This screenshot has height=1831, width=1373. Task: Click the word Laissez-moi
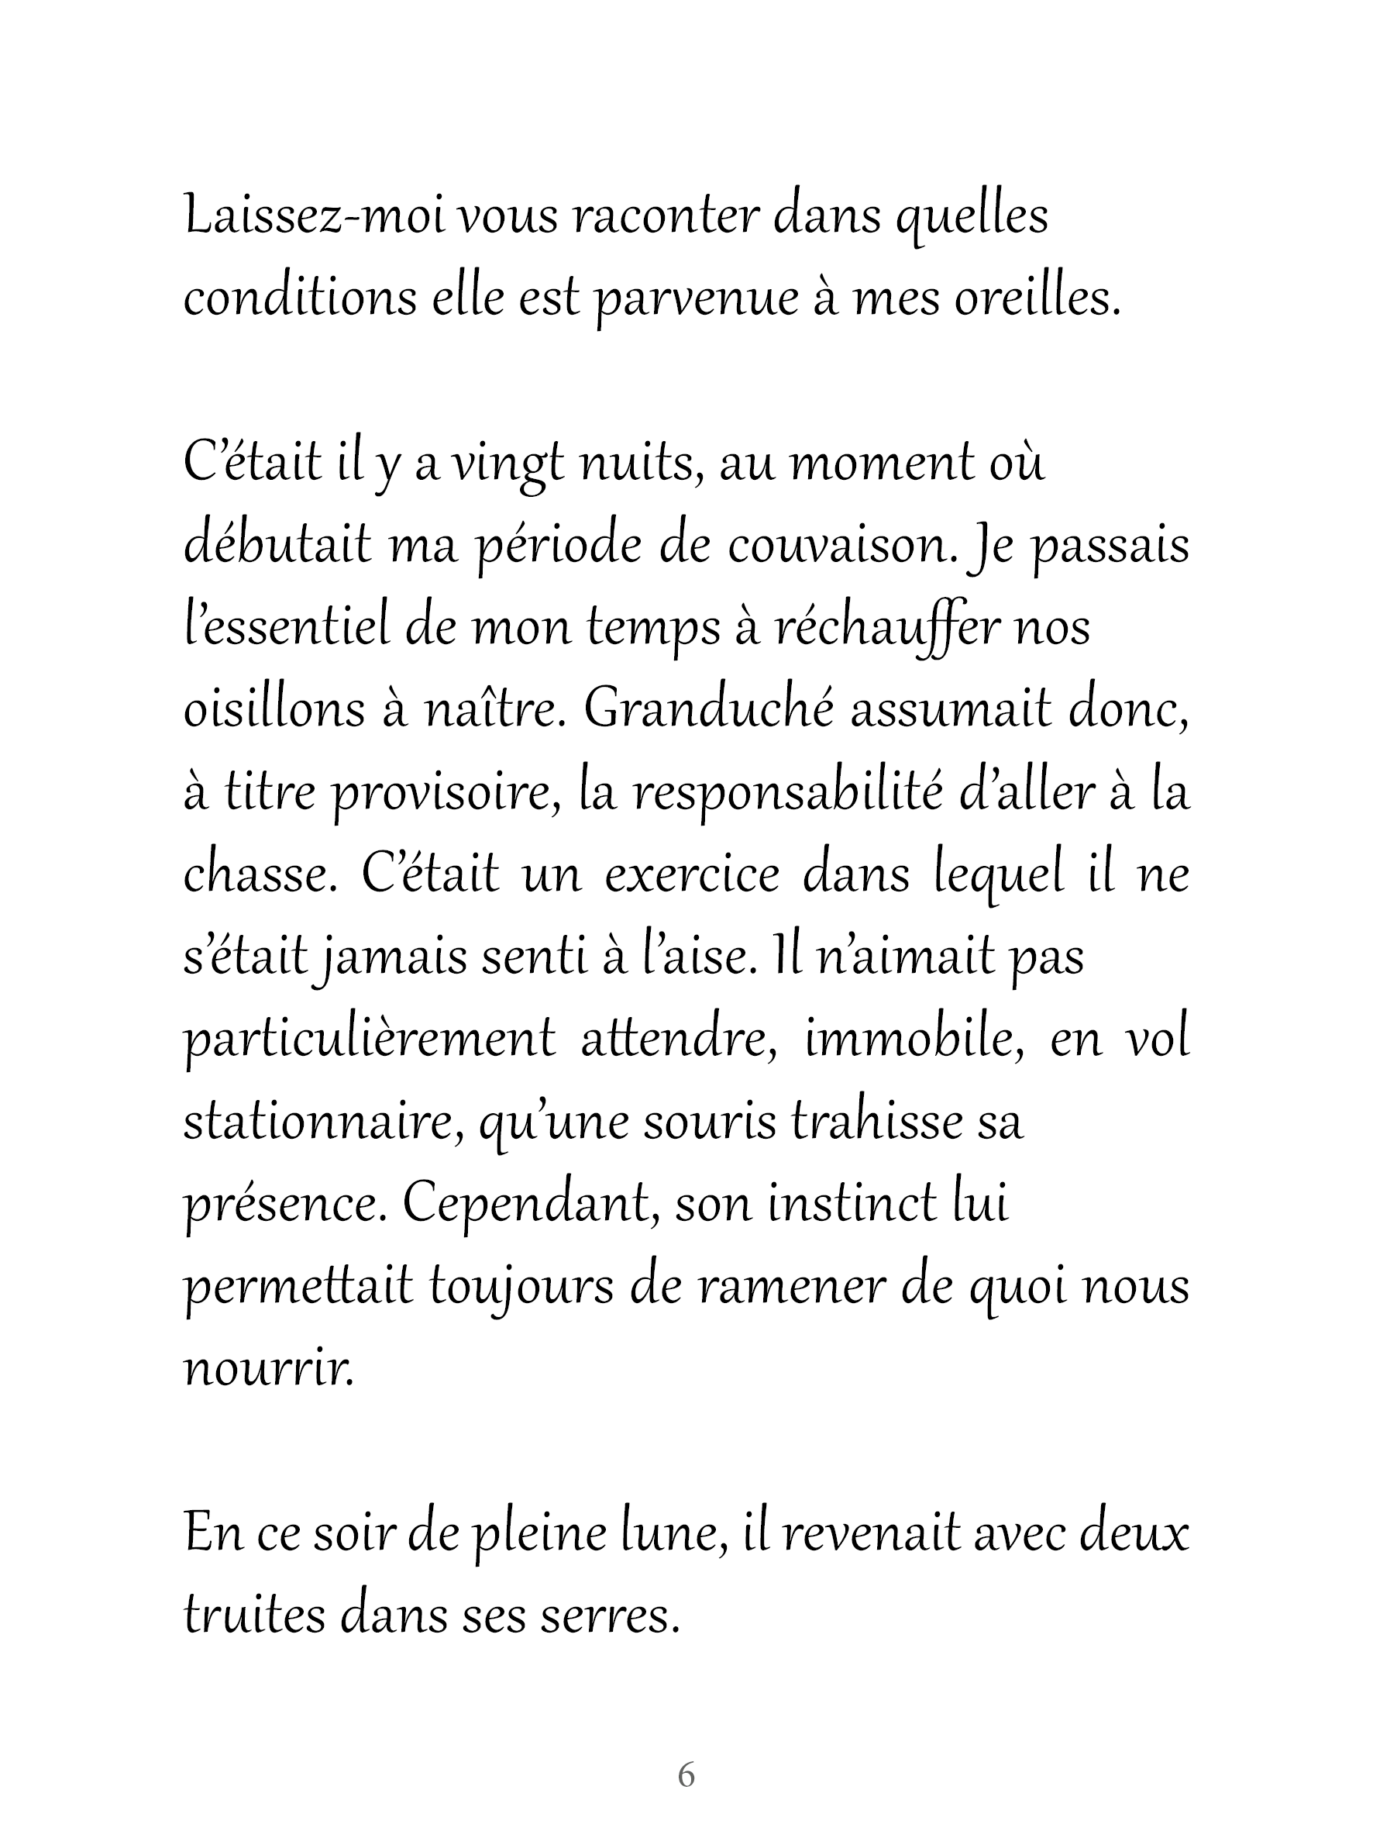click(314, 217)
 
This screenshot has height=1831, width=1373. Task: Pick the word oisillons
click(274, 711)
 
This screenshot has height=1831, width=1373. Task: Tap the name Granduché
click(708, 711)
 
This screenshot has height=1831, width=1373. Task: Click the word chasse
click(260, 875)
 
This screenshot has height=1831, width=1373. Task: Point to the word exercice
click(692, 875)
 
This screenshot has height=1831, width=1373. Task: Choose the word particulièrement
click(369, 1040)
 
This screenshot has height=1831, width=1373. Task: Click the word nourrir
click(268, 1369)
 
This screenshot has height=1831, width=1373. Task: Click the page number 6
click(686, 1774)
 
